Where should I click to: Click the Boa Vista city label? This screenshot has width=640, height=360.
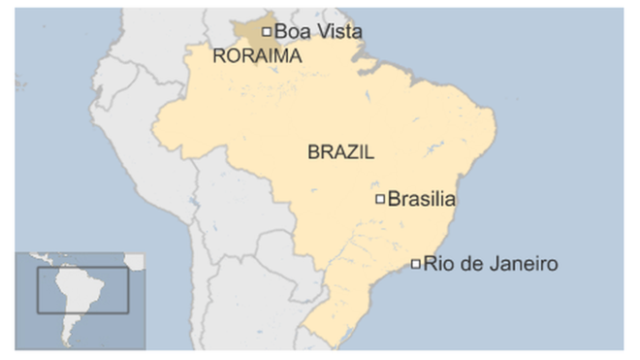(318, 32)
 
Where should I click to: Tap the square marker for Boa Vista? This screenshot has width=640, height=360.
(267, 32)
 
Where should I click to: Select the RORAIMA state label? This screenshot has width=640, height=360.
(256, 57)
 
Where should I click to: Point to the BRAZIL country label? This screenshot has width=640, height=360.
(340, 152)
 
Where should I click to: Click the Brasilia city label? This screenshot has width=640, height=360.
(421, 200)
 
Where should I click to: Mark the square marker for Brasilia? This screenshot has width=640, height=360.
(380, 200)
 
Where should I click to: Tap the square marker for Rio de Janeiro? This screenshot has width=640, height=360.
(416, 264)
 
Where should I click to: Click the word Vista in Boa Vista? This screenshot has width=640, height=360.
(338, 32)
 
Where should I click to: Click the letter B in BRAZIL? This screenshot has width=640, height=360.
(312, 152)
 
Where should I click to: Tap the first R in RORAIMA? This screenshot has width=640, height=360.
(217, 57)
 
